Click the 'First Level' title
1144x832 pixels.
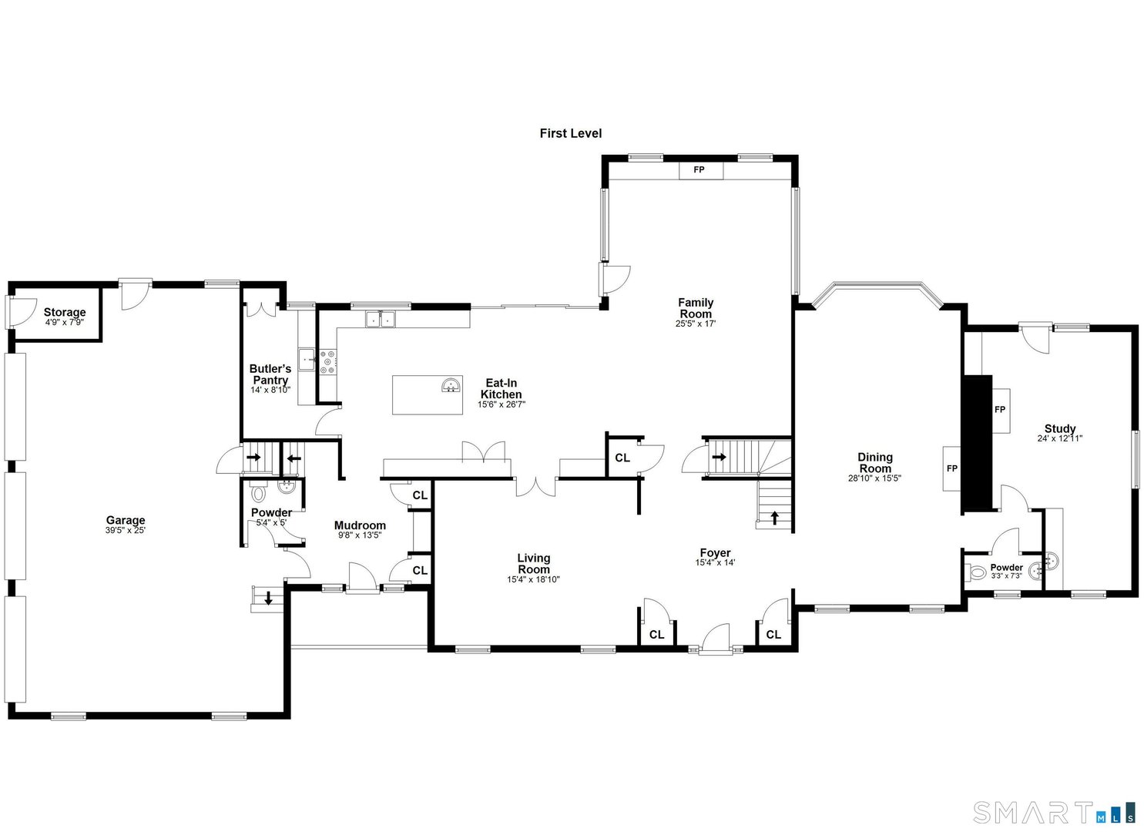570,133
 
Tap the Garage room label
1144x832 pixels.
126,520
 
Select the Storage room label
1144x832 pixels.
64,312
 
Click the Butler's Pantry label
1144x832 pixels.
270,374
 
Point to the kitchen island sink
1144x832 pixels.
451,385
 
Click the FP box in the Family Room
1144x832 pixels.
699,169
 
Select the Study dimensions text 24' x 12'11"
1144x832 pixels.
1060,439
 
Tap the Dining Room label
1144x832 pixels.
875,462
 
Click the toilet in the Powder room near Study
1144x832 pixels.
977,572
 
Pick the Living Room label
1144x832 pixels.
533,563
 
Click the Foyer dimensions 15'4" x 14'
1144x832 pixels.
715,563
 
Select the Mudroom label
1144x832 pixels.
360,525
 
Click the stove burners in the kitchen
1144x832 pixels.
328,362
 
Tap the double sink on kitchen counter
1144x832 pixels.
379,318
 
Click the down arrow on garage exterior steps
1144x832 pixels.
268,597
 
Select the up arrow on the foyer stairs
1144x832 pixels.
774,518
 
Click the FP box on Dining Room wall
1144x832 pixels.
952,468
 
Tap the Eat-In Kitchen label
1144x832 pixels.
501,388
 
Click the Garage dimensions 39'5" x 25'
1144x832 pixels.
126,531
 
